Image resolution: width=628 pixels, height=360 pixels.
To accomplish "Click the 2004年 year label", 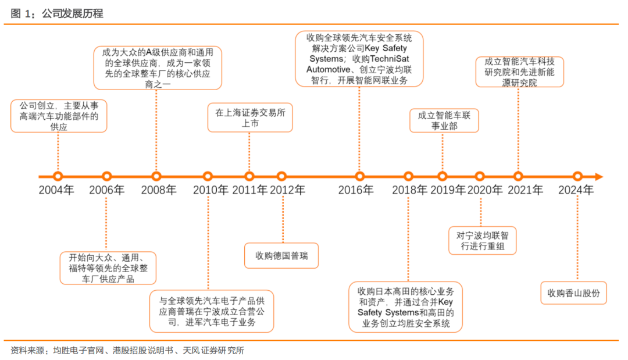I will point(56,190).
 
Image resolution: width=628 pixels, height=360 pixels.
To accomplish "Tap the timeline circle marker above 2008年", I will point(156,176).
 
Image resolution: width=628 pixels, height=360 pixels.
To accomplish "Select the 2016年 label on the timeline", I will point(356,190).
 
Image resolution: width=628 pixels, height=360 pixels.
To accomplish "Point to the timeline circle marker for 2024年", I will point(577,176).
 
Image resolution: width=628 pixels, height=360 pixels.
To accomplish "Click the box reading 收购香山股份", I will point(573,293).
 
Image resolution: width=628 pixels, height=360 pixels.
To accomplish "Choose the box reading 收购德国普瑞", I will point(281,255).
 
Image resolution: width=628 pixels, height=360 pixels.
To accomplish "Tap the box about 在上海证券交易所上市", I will point(250,117).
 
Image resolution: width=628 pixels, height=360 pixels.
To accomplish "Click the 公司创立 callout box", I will point(59,116).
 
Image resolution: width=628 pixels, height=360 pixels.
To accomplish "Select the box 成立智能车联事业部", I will point(444,120).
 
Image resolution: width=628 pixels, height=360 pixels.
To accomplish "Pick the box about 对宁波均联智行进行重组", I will point(483,241).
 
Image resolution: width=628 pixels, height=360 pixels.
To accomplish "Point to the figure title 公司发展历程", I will point(72,13).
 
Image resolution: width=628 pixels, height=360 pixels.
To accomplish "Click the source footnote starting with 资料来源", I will point(127,350).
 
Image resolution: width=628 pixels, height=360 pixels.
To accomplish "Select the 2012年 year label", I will point(287,190).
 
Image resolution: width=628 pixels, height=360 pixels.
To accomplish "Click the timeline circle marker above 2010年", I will point(208,176).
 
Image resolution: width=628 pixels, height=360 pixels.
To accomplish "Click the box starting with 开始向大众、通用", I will point(106,268).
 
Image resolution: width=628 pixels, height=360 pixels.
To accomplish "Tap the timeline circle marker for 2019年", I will point(443,176).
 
